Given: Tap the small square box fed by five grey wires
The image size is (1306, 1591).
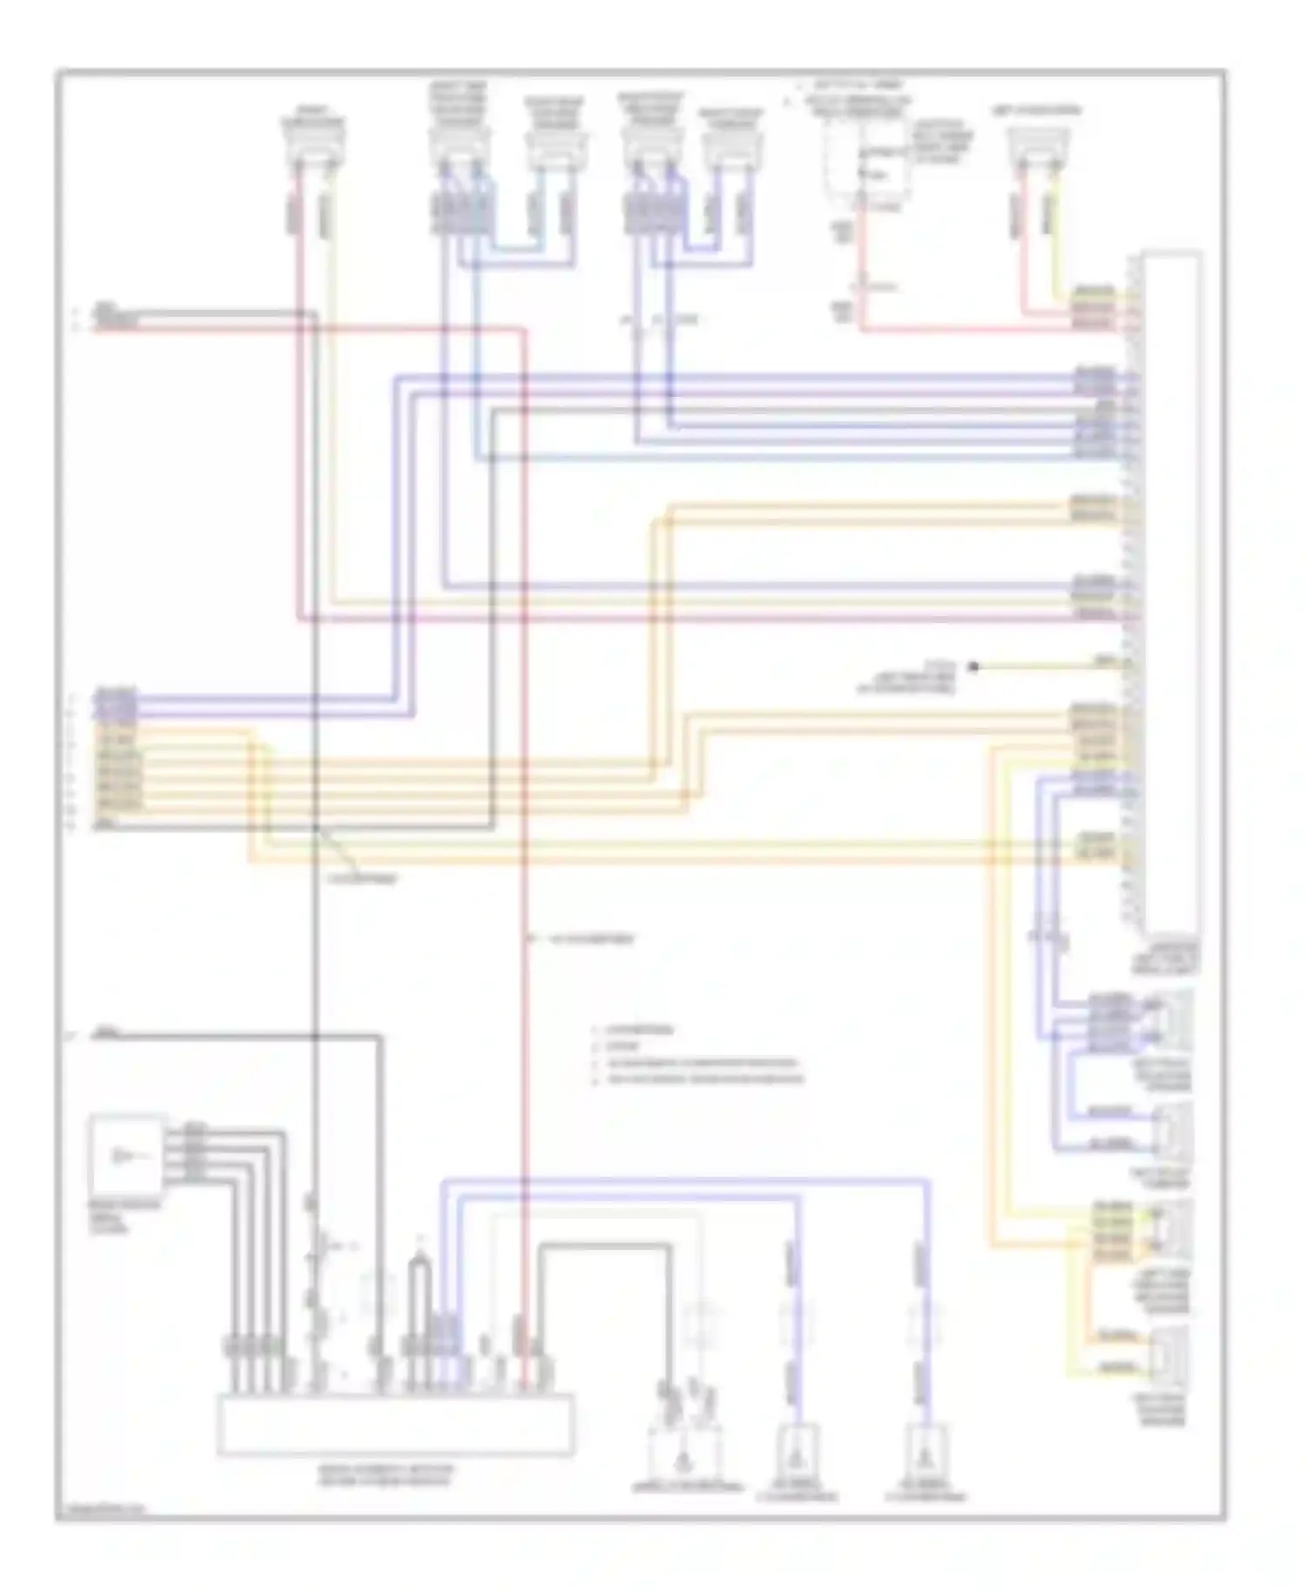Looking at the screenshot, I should coord(127,1155).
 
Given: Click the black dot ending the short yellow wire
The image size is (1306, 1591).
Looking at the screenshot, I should coord(973,667).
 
